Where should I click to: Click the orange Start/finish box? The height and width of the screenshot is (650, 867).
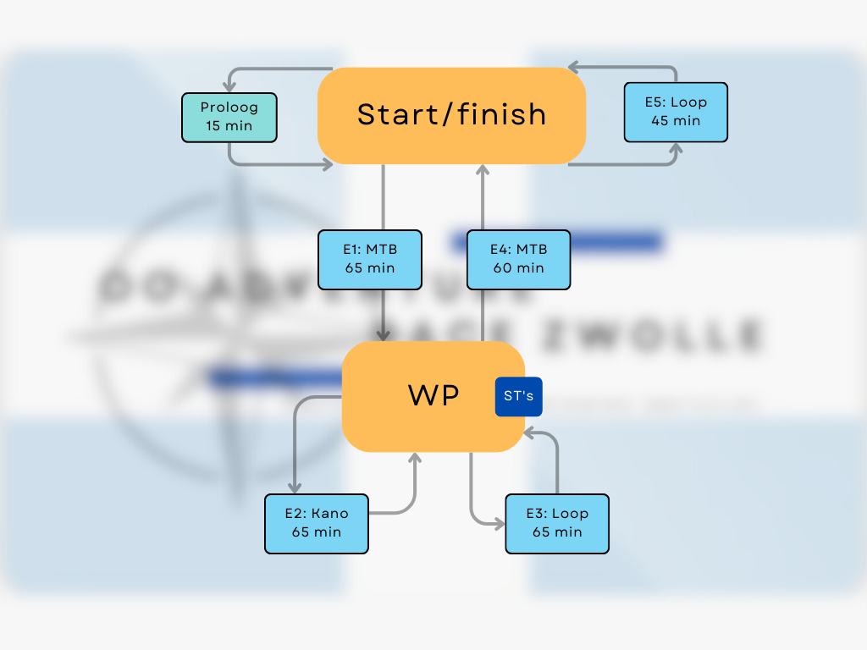[x=451, y=115]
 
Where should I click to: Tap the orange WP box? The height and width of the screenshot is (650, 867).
[x=433, y=396]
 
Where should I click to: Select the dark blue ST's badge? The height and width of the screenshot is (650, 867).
[x=518, y=397]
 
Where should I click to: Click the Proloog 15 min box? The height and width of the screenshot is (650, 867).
[x=229, y=117]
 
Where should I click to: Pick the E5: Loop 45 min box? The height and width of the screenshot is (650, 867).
[x=675, y=112]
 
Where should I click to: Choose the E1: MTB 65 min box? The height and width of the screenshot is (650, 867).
[x=370, y=259]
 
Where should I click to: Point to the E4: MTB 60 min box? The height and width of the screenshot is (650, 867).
[x=518, y=259]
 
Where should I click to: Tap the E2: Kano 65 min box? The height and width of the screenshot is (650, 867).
[x=317, y=523]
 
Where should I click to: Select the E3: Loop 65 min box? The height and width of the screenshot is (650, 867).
[x=557, y=523]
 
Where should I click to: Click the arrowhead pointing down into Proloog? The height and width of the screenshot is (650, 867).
[x=229, y=86]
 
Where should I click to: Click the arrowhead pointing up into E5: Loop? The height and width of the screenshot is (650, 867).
[x=676, y=149]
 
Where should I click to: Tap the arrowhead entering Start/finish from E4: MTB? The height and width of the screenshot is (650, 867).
[x=483, y=170]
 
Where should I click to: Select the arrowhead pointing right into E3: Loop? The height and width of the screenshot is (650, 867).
[x=499, y=524]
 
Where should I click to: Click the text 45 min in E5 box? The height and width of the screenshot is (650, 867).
[x=675, y=121]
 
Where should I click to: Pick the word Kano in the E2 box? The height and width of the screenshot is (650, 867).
[x=330, y=513]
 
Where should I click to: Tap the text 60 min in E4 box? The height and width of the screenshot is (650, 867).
[x=518, y=268]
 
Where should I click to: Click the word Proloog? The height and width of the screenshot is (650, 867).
[x=229, y=107]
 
